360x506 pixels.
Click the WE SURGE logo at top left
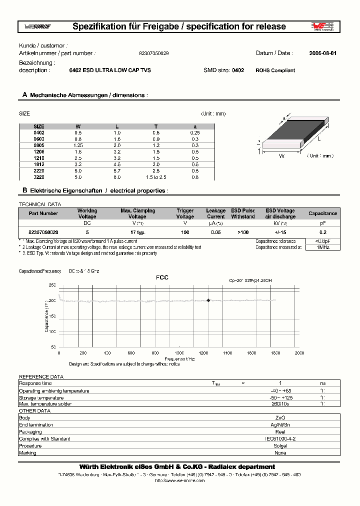tap(34, 26)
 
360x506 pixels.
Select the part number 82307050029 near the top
tap(153, 53)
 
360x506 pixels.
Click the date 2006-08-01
tap(322, 53)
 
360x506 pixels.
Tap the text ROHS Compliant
tap(275, 70)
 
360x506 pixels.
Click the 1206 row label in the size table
tap(39, 150)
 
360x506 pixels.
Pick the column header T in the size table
tap(155, 126)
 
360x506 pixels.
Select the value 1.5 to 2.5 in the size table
tap(155, 177)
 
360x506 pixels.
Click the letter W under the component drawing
tap(281, 156)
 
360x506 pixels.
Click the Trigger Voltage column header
tap(185, 213)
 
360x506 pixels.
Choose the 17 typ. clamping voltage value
tap(137, 232)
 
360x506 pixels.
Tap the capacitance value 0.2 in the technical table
tap(322, 232)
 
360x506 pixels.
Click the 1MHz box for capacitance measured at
tap(322, 247)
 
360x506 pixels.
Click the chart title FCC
tap(162, 277)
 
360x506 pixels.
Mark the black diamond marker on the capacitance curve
tap(208, 300)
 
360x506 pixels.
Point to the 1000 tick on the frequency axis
tap(179, 353)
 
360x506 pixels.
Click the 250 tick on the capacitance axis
tap(52, 285)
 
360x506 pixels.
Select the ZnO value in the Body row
tap(280, 417)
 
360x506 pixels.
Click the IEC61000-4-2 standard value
tap(280, 438)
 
